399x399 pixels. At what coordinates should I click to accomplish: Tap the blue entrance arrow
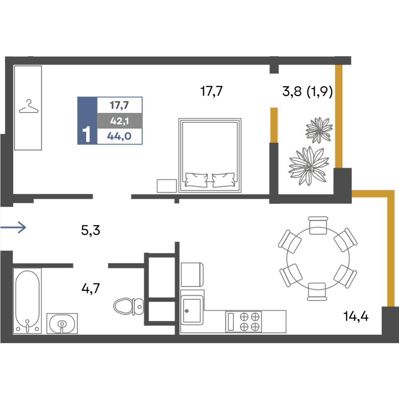(13, 227)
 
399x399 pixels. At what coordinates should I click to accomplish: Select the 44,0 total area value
(119, 136)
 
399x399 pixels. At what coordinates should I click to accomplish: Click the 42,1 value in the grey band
(119, 121)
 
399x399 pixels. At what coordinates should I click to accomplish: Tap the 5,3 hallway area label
(91, 231)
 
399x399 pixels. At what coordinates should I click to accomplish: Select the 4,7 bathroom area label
(91, 288)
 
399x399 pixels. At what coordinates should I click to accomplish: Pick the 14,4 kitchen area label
(356, 316)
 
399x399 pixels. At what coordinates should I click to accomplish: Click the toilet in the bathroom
(128, 306)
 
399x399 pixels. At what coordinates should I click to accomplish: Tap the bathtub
(27, 301)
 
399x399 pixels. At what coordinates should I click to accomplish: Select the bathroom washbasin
(62, 324)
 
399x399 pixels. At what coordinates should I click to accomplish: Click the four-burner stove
(243, 322)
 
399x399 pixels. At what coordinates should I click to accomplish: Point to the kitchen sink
(192, 310)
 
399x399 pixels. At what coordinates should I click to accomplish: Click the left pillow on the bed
(196, 180)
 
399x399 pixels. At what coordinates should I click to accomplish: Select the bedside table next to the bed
(167, 186)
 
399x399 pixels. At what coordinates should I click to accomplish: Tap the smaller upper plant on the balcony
(319, 130)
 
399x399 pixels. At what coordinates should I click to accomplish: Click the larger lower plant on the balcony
(309, 166)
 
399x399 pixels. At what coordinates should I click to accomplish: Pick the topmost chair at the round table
(318, 225)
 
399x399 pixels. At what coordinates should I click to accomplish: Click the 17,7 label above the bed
(211, 91)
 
